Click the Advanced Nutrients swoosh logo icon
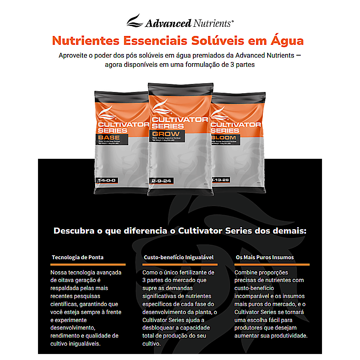[x=134, y=21]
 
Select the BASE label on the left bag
[x=109, y=138]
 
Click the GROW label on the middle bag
[x=165, y=134]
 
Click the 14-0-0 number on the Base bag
[x=107, y=181]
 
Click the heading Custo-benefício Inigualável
[x=178, y=257]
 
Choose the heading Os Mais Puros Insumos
[x=265, y=257]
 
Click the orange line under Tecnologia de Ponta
[x=88, y=264]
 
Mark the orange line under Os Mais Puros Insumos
[x=272, y=264]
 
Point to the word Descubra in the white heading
[x=74, y=231]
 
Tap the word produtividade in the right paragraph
[x=287, y=335]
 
